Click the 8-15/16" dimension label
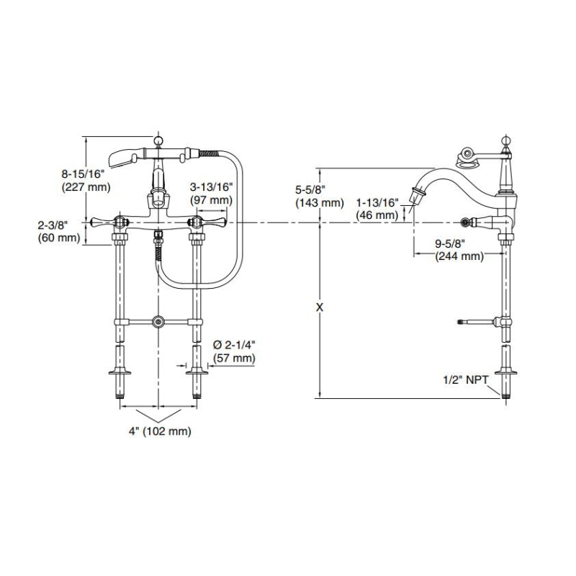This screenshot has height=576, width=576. click(84, 174)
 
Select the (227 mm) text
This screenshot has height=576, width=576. click(84, 187)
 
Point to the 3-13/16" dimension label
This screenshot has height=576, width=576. click(210, 186)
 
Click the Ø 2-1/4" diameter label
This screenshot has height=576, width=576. click(234, 344)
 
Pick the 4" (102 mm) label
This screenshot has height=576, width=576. click(158, 432)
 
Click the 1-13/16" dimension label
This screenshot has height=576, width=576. click(377, 202)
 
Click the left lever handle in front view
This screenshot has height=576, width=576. click(107, 220)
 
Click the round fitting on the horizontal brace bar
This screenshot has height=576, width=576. click(158, 320)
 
